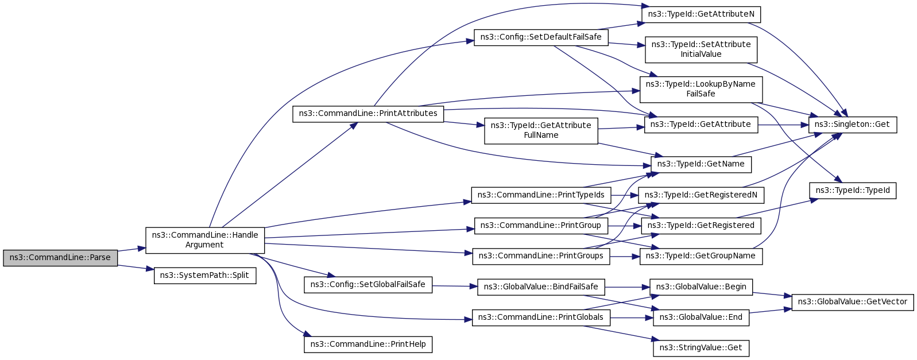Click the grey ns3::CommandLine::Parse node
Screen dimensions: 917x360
(60, 258)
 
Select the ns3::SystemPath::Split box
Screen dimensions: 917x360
(204, 276)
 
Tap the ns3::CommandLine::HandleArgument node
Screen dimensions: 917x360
(205, 240)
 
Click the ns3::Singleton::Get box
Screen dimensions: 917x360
(853, 125)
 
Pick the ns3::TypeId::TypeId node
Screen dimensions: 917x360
(853, 191)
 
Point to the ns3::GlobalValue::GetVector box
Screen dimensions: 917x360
(853, 302)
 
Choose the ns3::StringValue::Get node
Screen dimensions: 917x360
(701, 348)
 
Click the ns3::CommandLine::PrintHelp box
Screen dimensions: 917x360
(368, 344)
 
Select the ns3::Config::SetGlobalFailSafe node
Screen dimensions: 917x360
(368, 285)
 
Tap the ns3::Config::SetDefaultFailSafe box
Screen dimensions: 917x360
(541, 37)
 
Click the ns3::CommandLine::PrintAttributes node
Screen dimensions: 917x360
(368, 114)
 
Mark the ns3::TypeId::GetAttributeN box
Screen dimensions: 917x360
(701, 15)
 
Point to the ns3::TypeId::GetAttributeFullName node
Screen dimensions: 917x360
(541, 131)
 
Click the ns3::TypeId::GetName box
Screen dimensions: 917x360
(701, 164)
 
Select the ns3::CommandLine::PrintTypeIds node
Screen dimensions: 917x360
(541, 195)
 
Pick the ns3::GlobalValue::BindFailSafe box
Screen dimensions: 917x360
(541, 287)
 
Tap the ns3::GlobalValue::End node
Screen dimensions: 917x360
(701, 318)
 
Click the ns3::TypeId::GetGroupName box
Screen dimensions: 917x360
(701, 257)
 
